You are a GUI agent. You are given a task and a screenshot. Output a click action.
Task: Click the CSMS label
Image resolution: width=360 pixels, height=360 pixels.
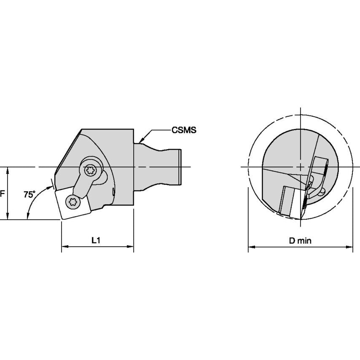[184, 130]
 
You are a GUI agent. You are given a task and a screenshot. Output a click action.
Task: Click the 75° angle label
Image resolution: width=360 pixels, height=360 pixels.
[30, 194]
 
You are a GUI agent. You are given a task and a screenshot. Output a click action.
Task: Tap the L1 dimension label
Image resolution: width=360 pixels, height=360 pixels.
[96, 240]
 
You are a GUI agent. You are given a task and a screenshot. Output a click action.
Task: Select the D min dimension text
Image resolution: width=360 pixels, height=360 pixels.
[300, 241]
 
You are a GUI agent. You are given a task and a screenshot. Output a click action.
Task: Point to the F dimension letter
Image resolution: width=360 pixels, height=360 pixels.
[2, 194]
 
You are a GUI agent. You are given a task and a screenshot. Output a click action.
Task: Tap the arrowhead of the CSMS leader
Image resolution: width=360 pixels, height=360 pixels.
[141, 140]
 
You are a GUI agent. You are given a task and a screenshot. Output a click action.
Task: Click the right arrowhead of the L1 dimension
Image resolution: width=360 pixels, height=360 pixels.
[130, 247]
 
